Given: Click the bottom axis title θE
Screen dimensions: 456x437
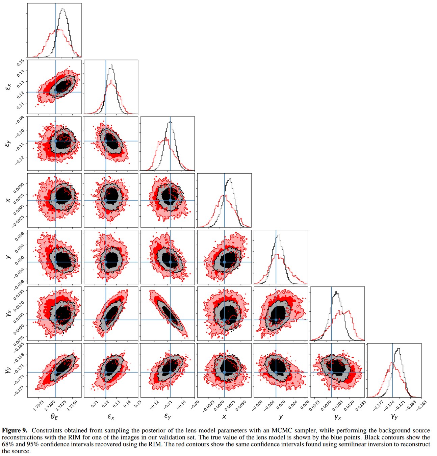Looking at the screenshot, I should pyautogui.click(x=54, y=417).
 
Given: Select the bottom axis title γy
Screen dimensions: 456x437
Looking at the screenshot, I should pyautogui.click(x=394, y=417).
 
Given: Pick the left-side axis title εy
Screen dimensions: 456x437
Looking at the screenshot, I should pyautogui.click(x=7, y=144).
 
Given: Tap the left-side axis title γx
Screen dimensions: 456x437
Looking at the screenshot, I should pyautogui.click(x=7, y=314).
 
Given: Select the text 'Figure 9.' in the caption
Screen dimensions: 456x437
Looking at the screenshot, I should pyautogui.click(x=15, y=430).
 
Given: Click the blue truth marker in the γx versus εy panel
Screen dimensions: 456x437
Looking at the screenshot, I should pyautogui.click(x=170, y=320).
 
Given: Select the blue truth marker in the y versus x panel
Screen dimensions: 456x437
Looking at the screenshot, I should pyautogui.click(x=224, y=262).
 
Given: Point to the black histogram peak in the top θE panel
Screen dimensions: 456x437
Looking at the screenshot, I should pyautogui.click(x=62, y=9).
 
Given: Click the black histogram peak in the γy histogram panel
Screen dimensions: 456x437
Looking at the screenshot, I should pyautogui.click(x=399, y=349).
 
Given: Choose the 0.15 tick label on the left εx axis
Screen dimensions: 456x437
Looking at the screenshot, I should pyautogui.click(x=20, y=62).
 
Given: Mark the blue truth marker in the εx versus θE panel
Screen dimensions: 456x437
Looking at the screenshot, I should pyautogui.click(x=56, y=92).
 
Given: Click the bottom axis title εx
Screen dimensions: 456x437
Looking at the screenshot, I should pyautogui.click(x=111, y=417).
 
